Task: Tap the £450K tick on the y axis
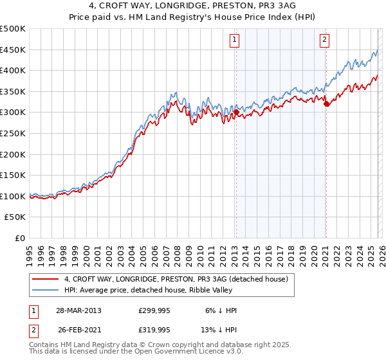click(x=13, y=50)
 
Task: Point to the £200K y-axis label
click(x=13, y=154)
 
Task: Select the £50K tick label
click(x=15, y=217)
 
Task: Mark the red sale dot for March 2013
click(x=236, y=112)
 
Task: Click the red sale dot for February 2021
click(x=326, y=104)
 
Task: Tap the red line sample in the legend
click(x=46, y=279)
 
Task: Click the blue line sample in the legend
click(x=46, y=290)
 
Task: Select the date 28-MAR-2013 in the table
click(x=79, y=310)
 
